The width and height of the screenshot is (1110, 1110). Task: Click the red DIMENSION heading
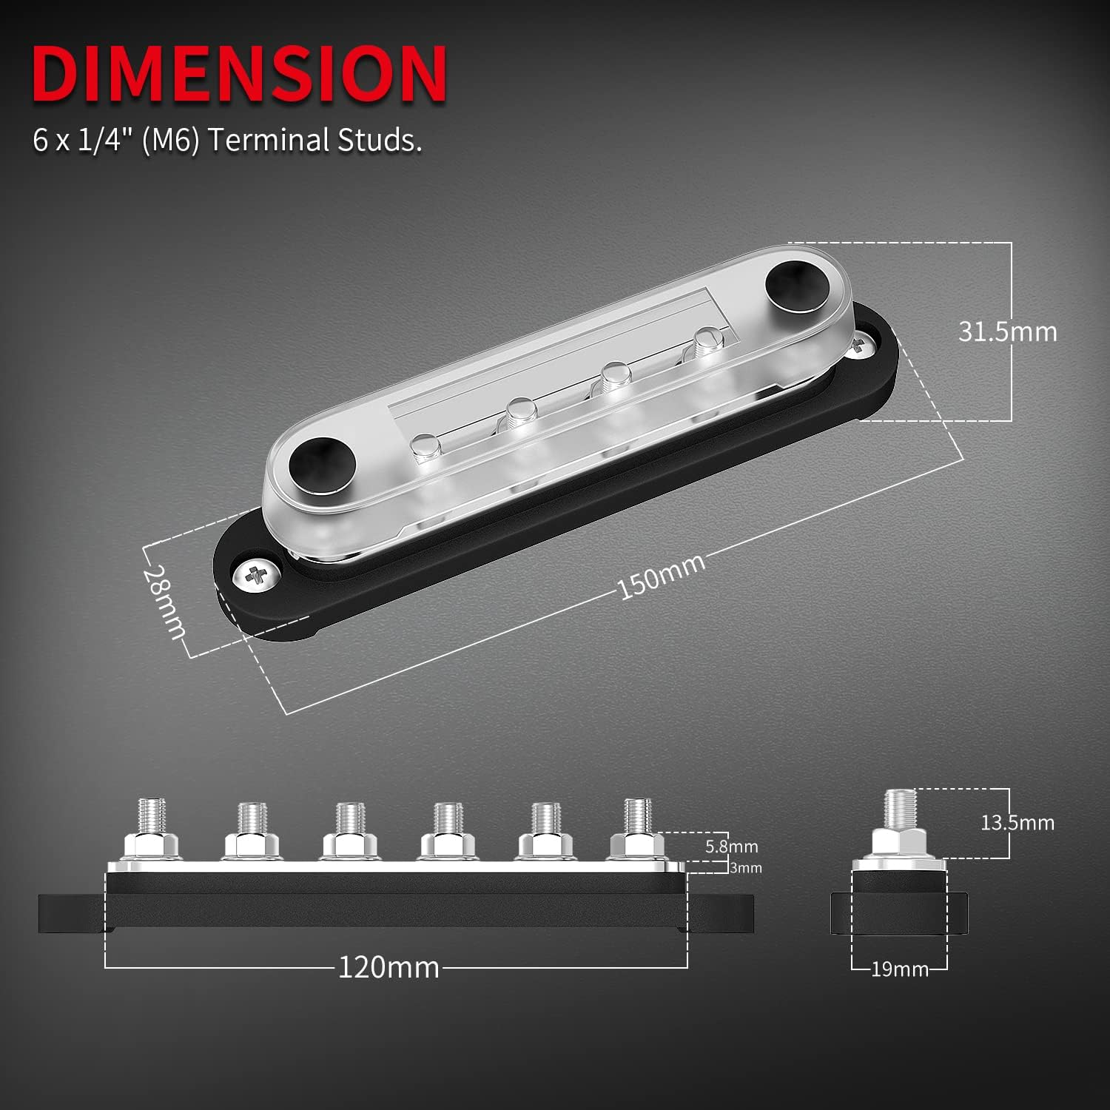tap(239, 75)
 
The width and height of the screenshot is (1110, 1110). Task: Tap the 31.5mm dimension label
tap(1007, 332)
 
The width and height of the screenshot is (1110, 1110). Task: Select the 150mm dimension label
tap(661, 575)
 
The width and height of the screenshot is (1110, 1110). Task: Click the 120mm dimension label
tap(388, 967)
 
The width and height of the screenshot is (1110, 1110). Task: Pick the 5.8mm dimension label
tap(731, 846)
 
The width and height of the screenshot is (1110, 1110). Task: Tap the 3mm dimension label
tap(745, 868)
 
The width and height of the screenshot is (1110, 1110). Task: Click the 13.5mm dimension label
tap(1017, 822)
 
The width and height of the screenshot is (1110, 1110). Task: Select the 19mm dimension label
tap(899, 969)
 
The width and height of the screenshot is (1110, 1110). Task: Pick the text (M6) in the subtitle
tap(171, 140)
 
